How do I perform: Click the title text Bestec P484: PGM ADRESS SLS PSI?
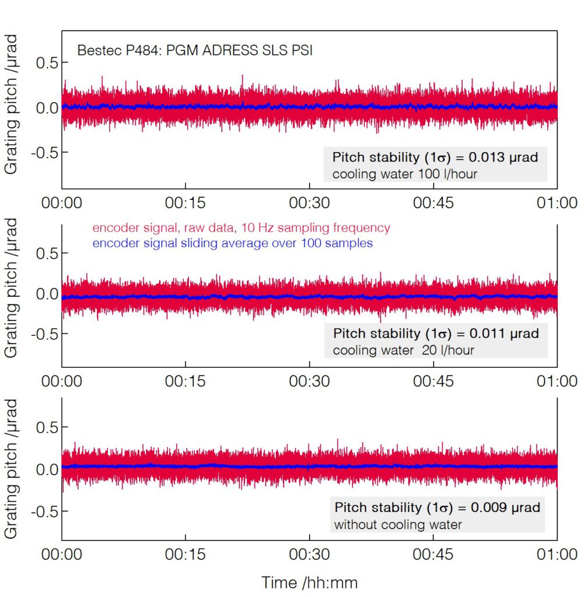click(195, 51)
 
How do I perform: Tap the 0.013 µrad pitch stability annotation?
click(435, 157)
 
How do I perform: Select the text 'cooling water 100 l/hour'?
click(405, 174)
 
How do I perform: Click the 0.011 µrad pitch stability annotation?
click(436, 334)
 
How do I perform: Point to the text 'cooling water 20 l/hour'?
click(403, 350)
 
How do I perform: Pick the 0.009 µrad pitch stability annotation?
click(436, 507)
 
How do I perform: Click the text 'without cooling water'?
click(397, 525)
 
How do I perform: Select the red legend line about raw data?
click(242, 228)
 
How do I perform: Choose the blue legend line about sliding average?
click(232, 244)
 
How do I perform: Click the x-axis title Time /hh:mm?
click(309, 582)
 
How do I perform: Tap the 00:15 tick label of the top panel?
click(185, 203)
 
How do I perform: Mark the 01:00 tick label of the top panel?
click(557, 203)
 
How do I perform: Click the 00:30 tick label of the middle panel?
click(309, 381)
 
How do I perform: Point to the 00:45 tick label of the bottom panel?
click(433, 554)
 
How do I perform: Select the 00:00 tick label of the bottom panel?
click(62, 554)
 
